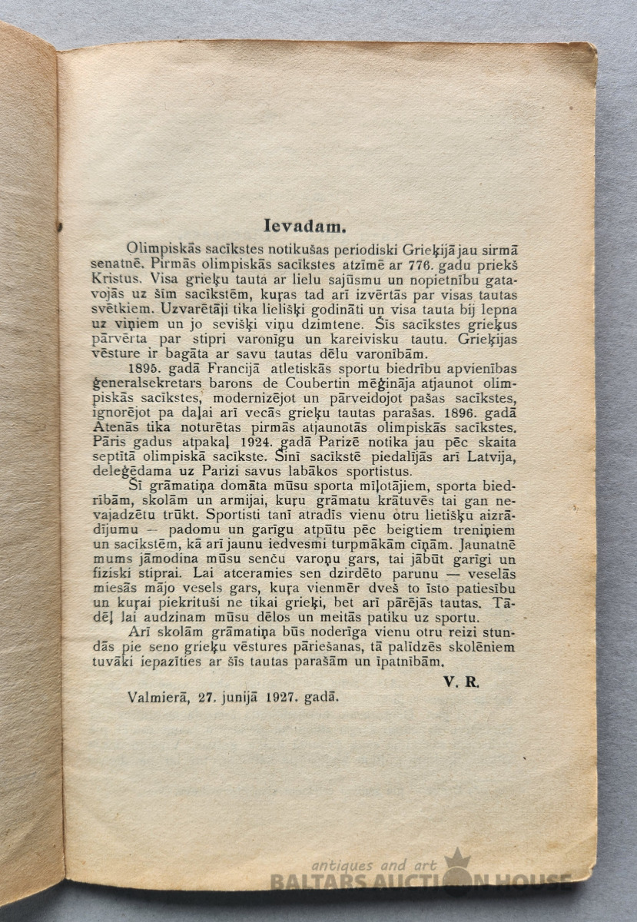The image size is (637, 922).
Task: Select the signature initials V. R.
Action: [x=461, y=682]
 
